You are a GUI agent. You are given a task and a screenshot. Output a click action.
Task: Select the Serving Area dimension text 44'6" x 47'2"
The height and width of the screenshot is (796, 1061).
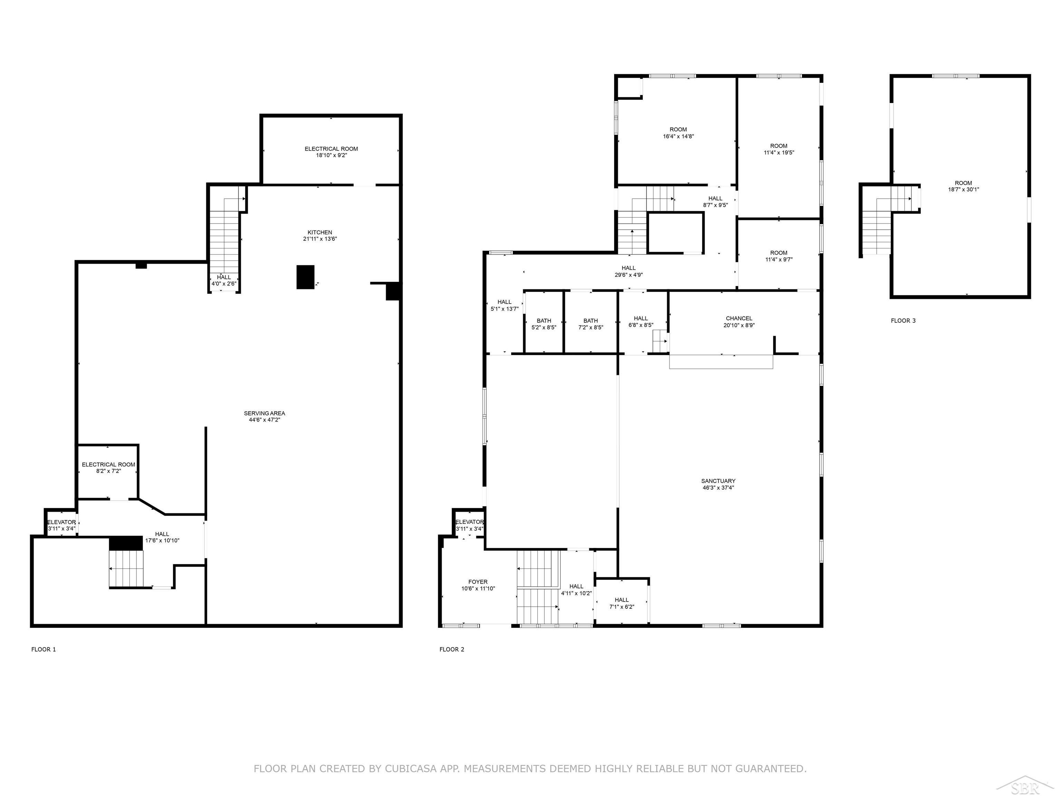264,420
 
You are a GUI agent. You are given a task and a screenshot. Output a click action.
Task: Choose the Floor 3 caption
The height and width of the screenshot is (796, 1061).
903,321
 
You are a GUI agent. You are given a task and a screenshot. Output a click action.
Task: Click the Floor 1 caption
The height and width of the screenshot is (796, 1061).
44,649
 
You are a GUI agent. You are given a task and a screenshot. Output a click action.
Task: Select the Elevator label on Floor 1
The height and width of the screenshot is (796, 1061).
61,522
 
